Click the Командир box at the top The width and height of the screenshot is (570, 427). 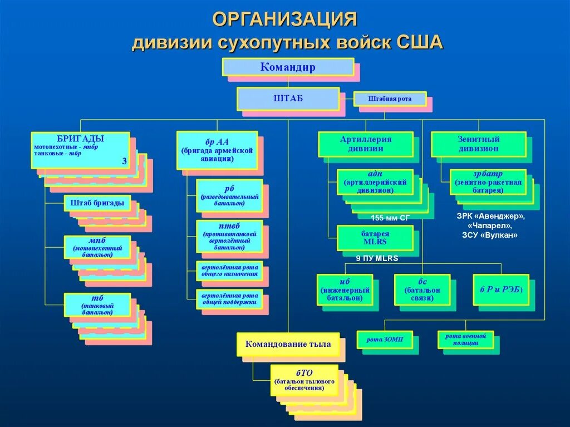tap(288, 67)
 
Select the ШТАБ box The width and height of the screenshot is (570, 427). tap(288, 99)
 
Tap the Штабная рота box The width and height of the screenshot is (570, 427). tap(390, 99)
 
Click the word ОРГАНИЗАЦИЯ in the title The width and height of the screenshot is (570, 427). tap(284, 19)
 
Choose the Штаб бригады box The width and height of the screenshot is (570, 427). tap(97, 203)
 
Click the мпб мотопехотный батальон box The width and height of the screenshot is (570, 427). tap(97, 247)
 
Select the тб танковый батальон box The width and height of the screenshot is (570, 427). tap(97, 305)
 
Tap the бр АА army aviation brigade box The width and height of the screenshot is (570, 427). tap(217, 150)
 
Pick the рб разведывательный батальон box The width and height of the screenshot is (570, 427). tap(229, 195)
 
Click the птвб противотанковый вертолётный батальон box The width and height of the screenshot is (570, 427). tap(229, 235)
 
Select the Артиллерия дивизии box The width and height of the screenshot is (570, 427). tap(366, 144)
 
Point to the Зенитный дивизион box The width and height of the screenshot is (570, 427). tap(479, 144)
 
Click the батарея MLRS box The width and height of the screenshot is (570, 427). tap(375, 238)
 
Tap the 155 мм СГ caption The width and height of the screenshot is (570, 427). tap(390, 218)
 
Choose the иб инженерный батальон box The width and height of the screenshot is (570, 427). tap(345, 289)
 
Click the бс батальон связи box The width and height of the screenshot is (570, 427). tap(422, 289)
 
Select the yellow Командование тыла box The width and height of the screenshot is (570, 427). tap(288, 344)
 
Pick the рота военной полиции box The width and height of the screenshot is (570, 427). tap(465, 340)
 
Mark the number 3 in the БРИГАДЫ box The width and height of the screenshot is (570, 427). tap(124, 161)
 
